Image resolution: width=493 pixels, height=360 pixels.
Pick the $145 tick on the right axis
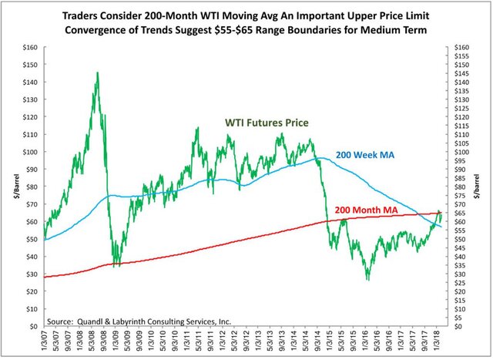(462, 73)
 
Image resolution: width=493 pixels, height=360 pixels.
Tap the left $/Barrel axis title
(8, 186)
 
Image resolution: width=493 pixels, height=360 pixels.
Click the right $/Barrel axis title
(483, 186)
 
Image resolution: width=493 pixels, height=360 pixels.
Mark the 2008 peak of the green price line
(97, 72)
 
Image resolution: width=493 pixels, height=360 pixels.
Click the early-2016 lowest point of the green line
(367, 279)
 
